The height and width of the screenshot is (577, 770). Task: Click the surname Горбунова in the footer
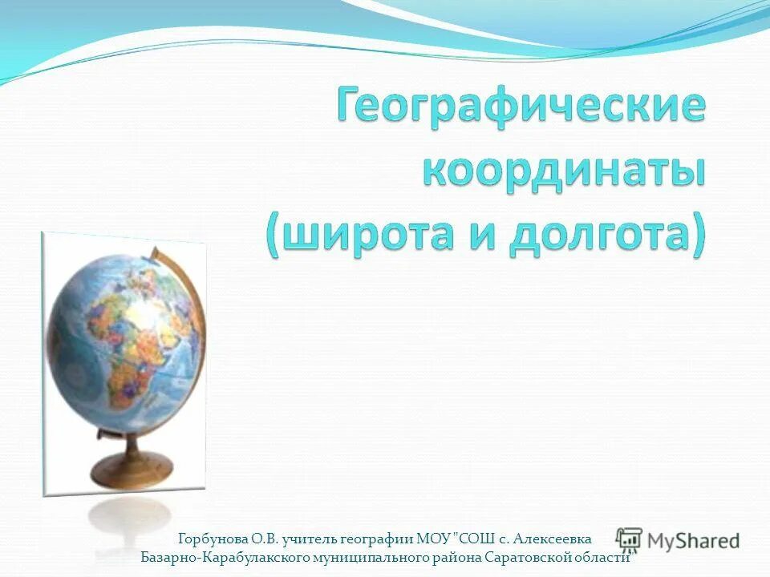(x=211, y=539)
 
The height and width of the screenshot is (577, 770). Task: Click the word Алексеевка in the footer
(x=553, y=539)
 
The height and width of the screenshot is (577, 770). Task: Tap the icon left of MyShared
(x=630, y=540)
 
